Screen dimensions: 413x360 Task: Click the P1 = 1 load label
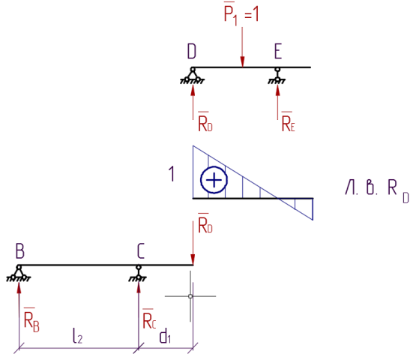click(x=241, y=13)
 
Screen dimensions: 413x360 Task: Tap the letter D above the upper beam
click(x=192, y=51)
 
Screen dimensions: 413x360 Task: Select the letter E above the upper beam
click(x=278, y=51)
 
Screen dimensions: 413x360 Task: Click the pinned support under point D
click(x=193, y=76)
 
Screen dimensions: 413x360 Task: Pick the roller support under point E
click(x=277, y=76)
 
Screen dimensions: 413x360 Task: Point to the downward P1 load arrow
click(x=242, y=47)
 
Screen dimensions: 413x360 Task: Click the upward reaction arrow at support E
click(x=277, y=102)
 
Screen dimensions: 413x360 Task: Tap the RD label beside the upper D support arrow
click(x=205, y=121)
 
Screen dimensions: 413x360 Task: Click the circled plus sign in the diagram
click(x=214, y=180)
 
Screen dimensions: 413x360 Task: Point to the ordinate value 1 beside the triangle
click(x=172, y=174)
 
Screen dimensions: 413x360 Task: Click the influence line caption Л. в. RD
click(x=377, y=190)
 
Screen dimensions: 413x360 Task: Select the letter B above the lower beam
click(x=20, y=251)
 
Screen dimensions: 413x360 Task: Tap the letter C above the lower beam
click(x=141, y=251)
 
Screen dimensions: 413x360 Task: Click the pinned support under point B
click(x=19, y=274)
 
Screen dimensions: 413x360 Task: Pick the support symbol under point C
click(x=138, y=274)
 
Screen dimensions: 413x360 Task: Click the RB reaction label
click(x=31, y=319)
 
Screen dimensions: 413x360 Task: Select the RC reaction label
click(x=149, y=319)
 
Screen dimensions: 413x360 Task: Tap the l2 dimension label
click(x=78, y=336)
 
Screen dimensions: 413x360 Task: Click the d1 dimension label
click(x=165, y=336)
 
